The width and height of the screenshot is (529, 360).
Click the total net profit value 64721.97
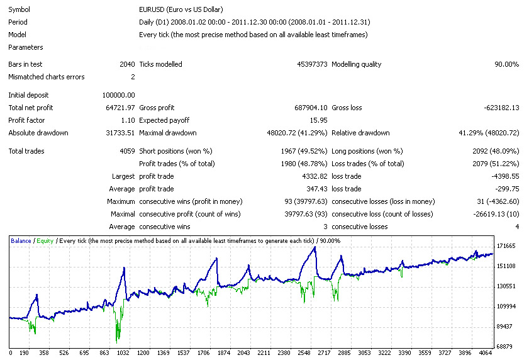point(118,108)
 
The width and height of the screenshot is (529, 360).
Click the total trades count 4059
point(126,151)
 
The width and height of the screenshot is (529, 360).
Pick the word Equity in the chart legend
point(45,241)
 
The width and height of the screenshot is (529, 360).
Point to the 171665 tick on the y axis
point(506,246)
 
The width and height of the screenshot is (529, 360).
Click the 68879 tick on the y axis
point(506,346)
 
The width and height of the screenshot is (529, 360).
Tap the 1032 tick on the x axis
point(123,353)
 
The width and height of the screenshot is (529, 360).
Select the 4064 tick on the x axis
point(484,353)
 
